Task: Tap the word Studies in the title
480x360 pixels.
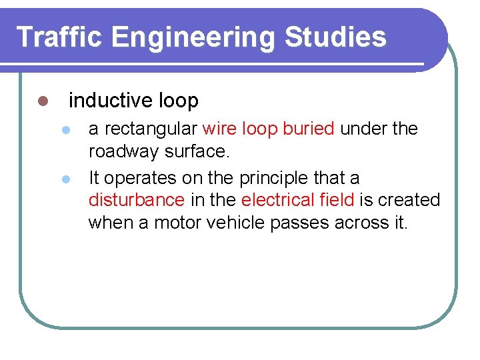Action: [335, 37]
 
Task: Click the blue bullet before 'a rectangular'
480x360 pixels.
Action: [65, 129]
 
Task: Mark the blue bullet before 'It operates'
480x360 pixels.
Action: [65, 179]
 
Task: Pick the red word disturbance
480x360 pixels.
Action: [137, 200]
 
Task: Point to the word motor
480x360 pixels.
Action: [179, 223]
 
